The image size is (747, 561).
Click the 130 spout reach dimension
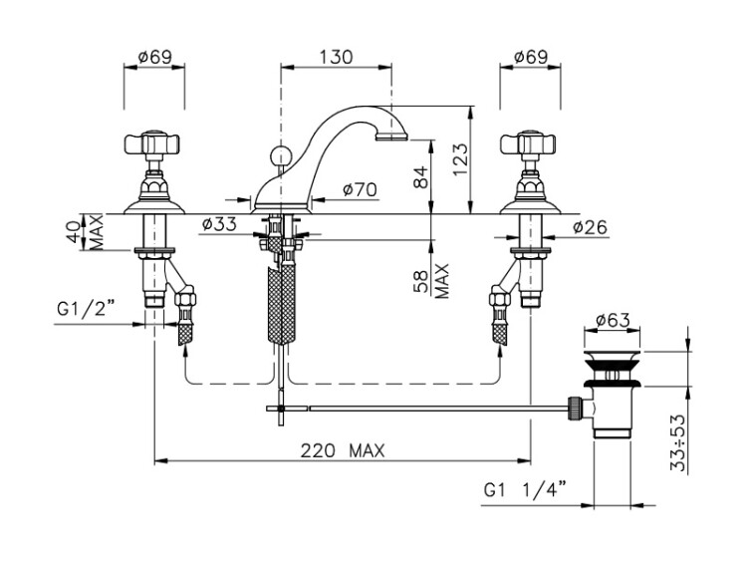coord(336,57)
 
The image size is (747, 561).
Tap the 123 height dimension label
coord(461,159)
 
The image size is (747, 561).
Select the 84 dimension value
coord(421,177)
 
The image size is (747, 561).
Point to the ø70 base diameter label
coord(360,189)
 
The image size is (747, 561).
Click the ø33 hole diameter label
coord(219,224)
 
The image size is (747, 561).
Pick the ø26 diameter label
coord(591,227)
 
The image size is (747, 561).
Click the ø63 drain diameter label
coord(613,320)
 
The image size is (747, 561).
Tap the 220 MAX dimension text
coord(342,450)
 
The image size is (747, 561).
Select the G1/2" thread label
coord(87,309)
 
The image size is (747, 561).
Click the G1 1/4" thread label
coord(526,489)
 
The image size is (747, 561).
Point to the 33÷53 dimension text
coord(678,442)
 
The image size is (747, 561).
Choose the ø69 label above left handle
coord(154,57)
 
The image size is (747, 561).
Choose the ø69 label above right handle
coord(531,57)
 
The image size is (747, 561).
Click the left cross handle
coord(152,142)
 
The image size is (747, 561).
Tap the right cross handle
coord(528,142)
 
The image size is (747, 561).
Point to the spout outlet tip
coord(391,138)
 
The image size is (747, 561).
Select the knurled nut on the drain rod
coord(575,408)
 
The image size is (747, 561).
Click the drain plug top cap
coord(614,354)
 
